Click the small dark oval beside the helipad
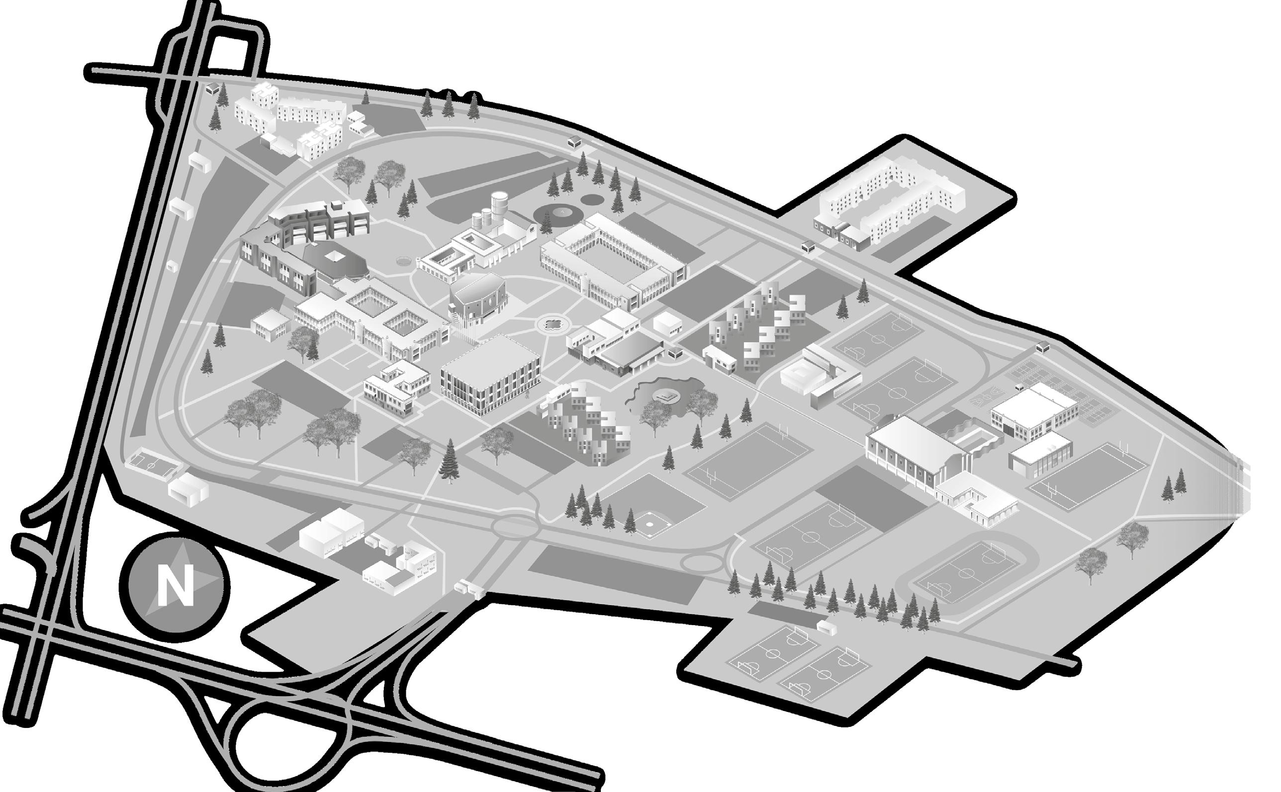click(x=591, y=200)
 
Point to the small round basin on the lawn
click(x=404, y=260)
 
